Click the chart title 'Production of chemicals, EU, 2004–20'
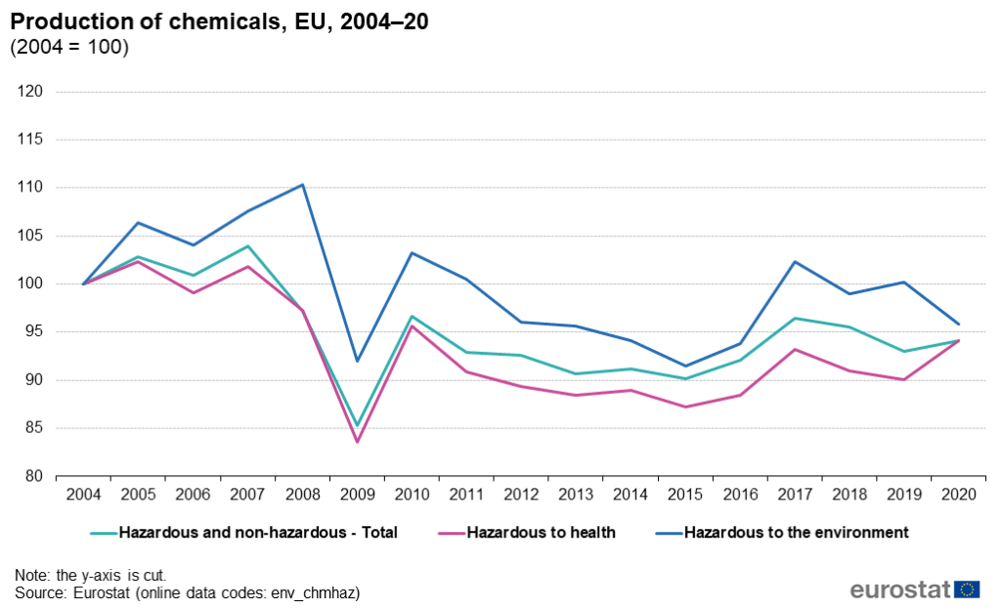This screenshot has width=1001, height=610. (x=219, y=22)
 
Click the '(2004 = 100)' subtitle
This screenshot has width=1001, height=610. (x=69, y=47)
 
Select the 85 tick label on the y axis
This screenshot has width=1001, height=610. (x=35, y=428)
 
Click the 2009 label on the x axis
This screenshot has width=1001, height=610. (x=357, y=495)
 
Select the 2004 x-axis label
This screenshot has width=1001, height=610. (x=83, y=495)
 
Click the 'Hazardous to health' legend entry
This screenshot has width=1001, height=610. (x=541, y=533)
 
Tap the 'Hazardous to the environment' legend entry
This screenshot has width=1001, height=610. (x=796, y=533)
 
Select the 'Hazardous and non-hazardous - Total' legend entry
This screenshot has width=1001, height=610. (x=258, y=533)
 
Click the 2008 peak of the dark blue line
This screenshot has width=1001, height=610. (x=303, y=185)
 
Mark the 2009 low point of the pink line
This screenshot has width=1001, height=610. (x=357, y=442)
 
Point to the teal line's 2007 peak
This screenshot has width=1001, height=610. (x=248, y=246)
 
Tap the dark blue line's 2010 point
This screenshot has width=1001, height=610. (x=412, y=253)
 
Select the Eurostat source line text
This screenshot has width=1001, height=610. (x=187, y=592)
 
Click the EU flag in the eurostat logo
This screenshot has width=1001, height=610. (x=968, y=588)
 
